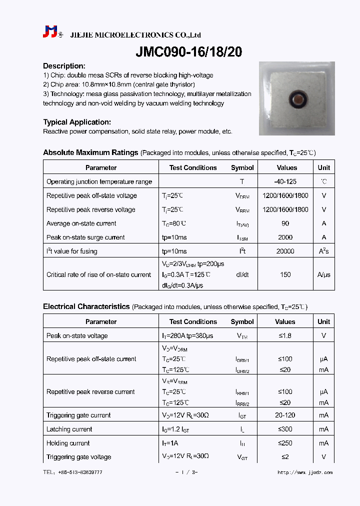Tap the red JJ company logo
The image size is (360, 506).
(x=50, y=32)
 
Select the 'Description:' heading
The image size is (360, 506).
(x=64, y=66)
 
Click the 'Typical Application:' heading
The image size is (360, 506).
(x=77, y=122)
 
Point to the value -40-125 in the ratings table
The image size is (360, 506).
(x=285, y=181)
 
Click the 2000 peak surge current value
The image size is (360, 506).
(x=285, y=237)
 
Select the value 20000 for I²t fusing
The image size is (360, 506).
(x=285, y=251)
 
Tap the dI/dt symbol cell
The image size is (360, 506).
(x=242, y=274)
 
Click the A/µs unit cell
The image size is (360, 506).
(x=324, y=274)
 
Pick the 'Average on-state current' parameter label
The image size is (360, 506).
(x=81, y=223)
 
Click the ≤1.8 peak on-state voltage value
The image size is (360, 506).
(x=285, y=336)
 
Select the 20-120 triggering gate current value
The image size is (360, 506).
(x=285, y=415)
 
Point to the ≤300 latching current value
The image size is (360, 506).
(x=285, y=429)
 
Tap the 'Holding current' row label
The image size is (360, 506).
(x=68, y=443)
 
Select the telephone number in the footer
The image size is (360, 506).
(x=72, y=472)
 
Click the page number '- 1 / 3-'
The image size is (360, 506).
(x=186, y=472)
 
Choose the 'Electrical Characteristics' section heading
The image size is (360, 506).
(x=86, y=306)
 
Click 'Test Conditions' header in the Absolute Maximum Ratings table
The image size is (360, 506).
(x=193, y=168)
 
